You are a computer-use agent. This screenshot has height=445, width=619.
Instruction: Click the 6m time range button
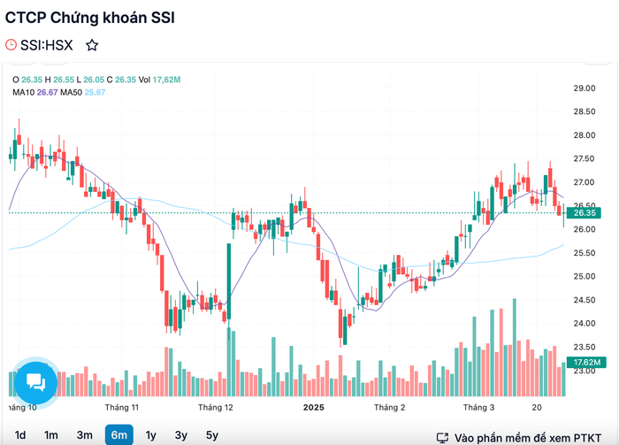click(x=119, y=434)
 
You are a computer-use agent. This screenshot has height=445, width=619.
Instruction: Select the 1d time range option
click(x=20, y=435)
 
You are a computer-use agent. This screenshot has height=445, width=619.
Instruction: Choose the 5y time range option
click(x=212, y=435)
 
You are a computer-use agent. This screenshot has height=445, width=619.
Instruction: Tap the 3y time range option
click(x=181, y=435)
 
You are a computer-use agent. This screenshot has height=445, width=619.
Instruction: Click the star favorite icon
click(x=92, y=45)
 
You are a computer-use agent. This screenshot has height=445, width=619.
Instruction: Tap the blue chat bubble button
click(x=36, y=382)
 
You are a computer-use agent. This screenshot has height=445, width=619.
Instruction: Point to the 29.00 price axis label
click(x=585, y=88)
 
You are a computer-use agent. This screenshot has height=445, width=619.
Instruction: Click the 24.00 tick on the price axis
click(x=585, y=324)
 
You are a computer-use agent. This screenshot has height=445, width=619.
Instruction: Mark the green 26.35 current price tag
click(x=584, y=213)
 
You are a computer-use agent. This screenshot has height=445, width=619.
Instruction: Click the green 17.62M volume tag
click(x=584, y=362)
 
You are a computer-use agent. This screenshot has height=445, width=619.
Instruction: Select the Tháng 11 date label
click(x=122, y=408)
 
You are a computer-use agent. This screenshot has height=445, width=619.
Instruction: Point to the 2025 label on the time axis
click(x=313, y=408)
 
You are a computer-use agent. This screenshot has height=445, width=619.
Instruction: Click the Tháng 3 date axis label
click(x=479, y=408)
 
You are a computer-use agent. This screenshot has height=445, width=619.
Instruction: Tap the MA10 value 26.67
click(x=48, y=92)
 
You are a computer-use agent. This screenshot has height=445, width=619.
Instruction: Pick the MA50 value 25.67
click(x=95, y=92)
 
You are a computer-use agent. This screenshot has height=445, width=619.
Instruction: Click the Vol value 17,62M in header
click(x=166, y=80)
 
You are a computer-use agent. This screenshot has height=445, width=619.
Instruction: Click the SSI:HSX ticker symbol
click(x=47, y=45)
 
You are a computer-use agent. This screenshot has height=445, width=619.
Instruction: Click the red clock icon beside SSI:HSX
click(x=11, y=45)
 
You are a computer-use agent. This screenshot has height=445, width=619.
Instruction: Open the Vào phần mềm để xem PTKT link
click(x=527, y=438)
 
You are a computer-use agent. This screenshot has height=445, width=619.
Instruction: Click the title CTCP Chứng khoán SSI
click(x=89, y=18)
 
